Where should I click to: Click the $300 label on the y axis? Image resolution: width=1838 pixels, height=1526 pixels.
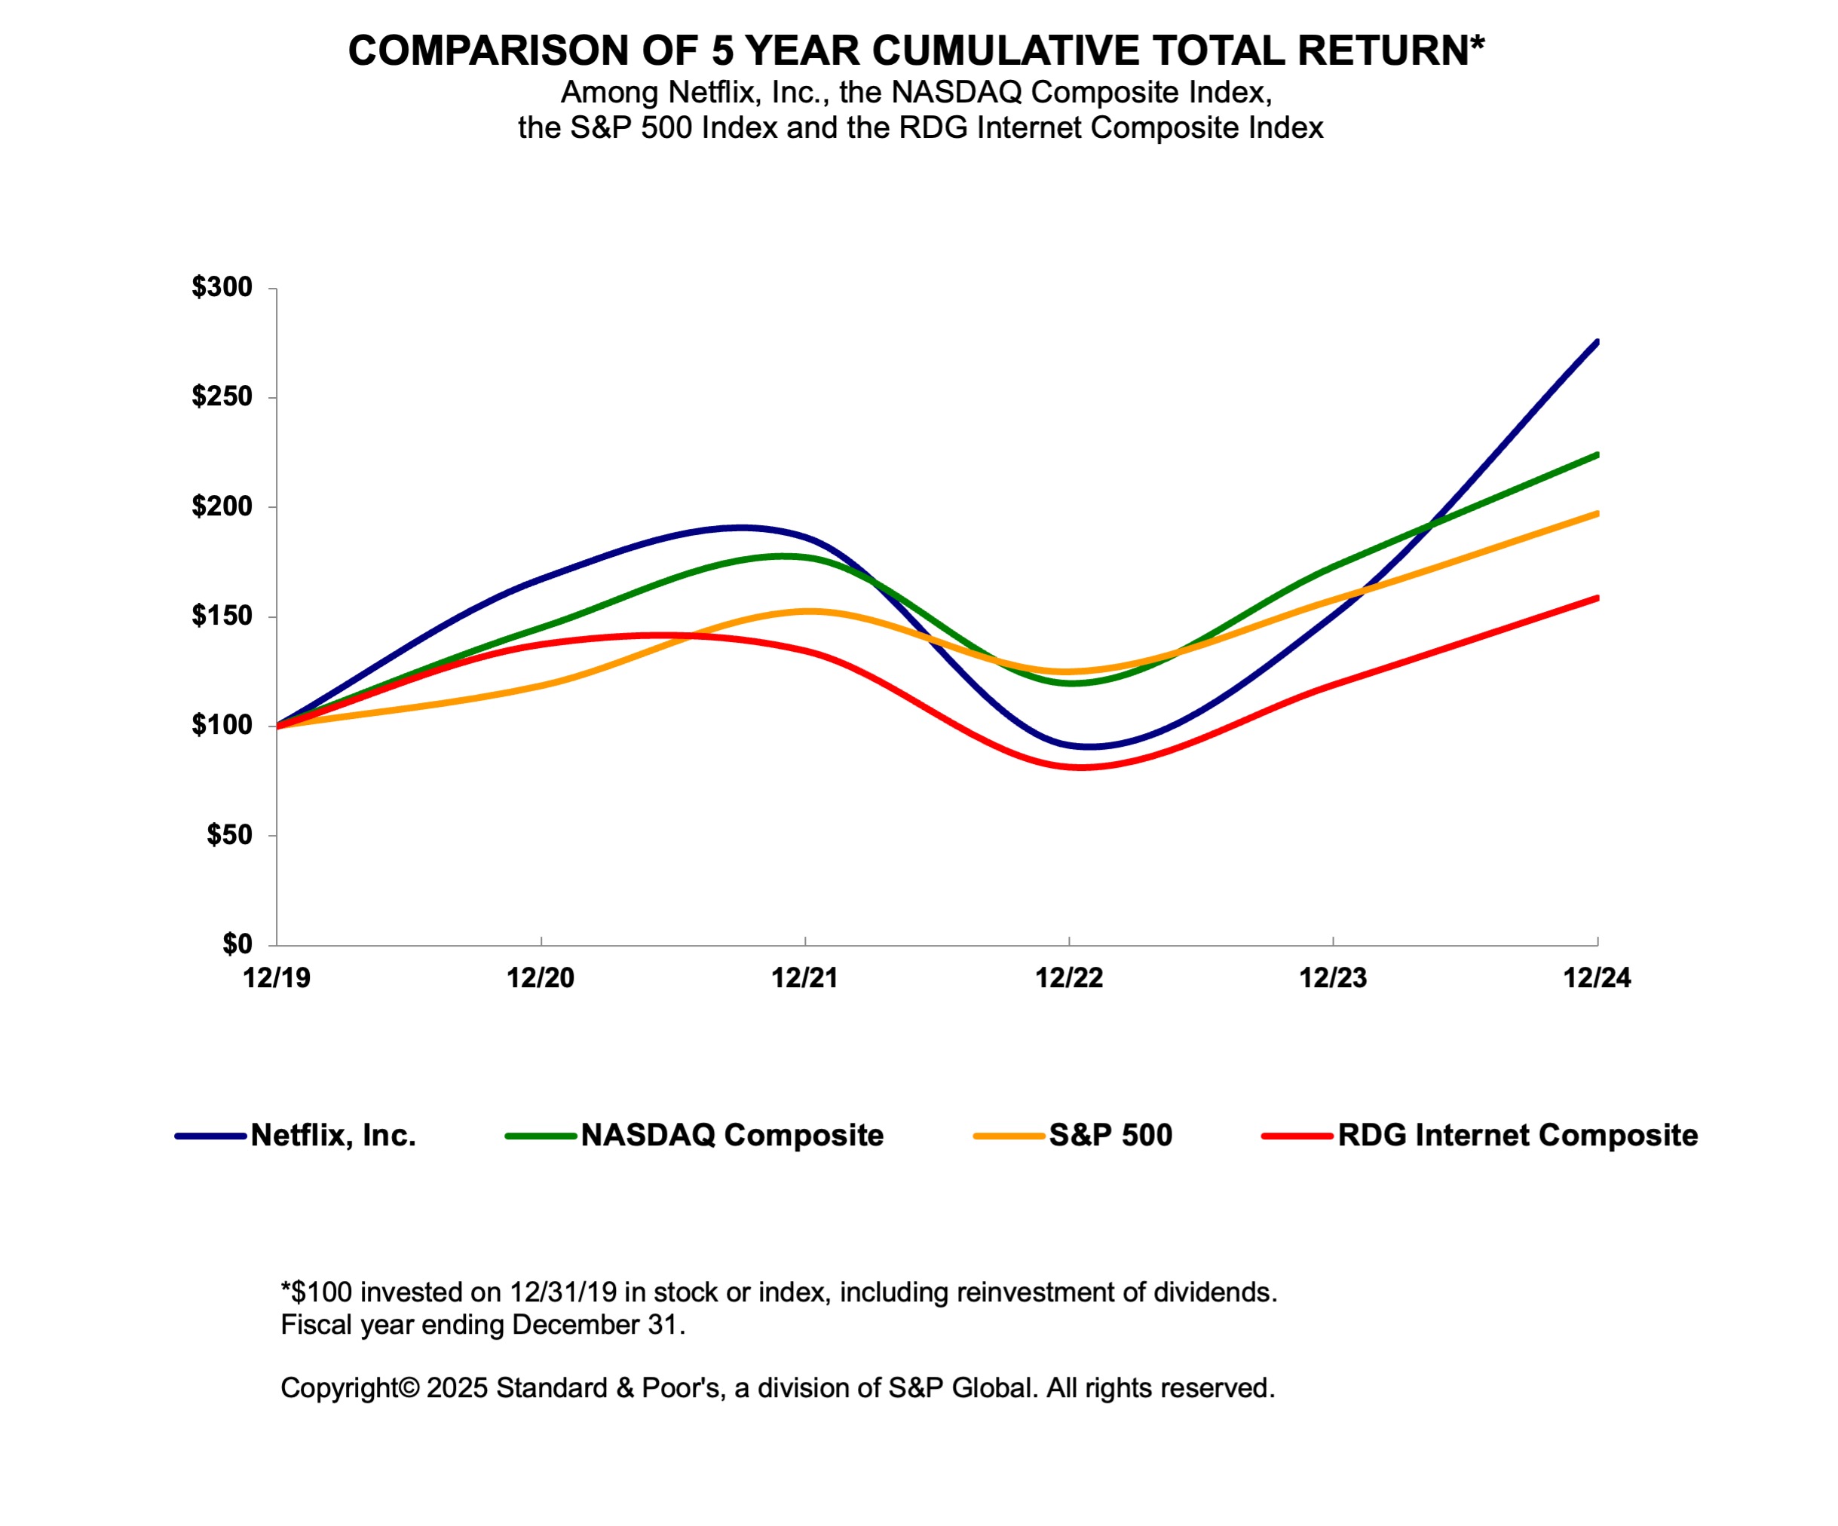222,287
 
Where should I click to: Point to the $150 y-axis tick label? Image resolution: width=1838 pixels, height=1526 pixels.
222,616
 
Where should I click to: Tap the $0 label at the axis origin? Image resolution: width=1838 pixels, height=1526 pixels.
236,944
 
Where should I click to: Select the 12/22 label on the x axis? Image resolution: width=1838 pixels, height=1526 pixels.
1069,978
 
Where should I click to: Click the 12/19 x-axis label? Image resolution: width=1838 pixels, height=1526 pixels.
277,978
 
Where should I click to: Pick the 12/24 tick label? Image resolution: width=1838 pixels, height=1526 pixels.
1597,978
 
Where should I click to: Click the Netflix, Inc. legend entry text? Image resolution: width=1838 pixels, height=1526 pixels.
332,1136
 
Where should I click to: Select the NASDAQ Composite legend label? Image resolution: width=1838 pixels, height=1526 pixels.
732,1136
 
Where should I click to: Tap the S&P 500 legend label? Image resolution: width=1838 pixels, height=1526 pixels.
1110,1136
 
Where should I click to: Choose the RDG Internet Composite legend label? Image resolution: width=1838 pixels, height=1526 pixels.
1517,1136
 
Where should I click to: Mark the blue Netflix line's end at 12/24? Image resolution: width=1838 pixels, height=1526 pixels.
1597,343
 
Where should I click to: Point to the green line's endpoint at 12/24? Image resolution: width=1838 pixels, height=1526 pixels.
1597,455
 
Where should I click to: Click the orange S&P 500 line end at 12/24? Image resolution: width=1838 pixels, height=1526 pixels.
1597,514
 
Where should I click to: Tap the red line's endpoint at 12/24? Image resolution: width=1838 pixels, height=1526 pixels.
1597,598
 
